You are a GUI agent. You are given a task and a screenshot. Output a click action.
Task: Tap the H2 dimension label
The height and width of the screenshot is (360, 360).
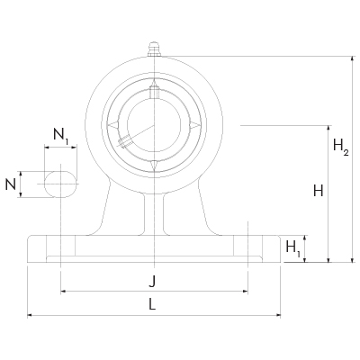click(339, 147)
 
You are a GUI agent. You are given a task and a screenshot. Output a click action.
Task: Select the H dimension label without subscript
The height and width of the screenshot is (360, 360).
click(317, 191)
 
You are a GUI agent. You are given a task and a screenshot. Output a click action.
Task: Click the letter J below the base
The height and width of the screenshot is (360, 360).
click(152, 280)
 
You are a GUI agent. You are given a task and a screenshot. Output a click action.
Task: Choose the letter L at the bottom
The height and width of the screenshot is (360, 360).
click(152, 304)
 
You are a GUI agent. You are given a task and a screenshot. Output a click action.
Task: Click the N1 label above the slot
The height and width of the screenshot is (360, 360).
click(61, 136)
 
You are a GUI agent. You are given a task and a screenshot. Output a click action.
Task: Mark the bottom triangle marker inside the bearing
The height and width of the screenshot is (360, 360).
click(154, 163)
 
